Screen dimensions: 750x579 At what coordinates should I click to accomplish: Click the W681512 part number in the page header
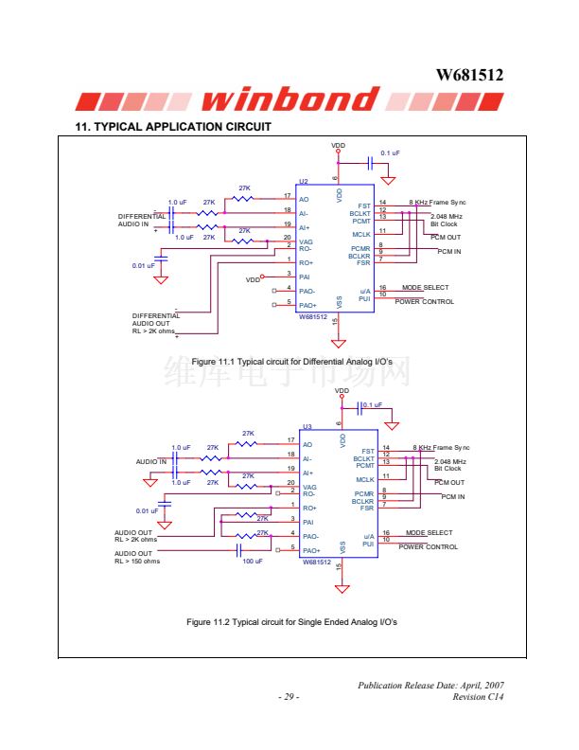point(469,75)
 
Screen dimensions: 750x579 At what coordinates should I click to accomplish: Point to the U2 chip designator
point(304,181)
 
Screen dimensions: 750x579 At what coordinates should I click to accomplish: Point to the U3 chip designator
point(307,427)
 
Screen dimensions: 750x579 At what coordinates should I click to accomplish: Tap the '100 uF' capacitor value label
point(253,562)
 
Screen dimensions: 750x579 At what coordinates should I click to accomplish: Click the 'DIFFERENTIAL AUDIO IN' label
point(141,221)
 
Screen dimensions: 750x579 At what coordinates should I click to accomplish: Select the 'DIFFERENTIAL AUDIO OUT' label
point(155,319)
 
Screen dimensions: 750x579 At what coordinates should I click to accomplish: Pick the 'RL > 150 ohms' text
point(137,562)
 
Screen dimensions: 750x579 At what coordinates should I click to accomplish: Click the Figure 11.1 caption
point(291,363)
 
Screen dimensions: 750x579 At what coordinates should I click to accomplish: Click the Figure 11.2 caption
point(291,622)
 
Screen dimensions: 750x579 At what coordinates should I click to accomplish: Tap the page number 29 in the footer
point(289,698)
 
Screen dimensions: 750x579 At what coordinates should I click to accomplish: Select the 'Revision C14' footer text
point(478,698)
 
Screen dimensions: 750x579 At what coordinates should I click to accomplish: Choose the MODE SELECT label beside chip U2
point(425,288)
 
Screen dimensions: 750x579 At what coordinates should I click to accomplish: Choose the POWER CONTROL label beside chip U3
point(428,547)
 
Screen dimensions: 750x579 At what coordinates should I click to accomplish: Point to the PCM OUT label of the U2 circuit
point(446,237)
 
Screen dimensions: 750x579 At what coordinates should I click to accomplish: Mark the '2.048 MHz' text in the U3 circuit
point(447,461)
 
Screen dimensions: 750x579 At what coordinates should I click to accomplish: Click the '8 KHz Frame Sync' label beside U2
point(439,203)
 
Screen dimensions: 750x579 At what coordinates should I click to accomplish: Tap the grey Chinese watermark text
point(289,372)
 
